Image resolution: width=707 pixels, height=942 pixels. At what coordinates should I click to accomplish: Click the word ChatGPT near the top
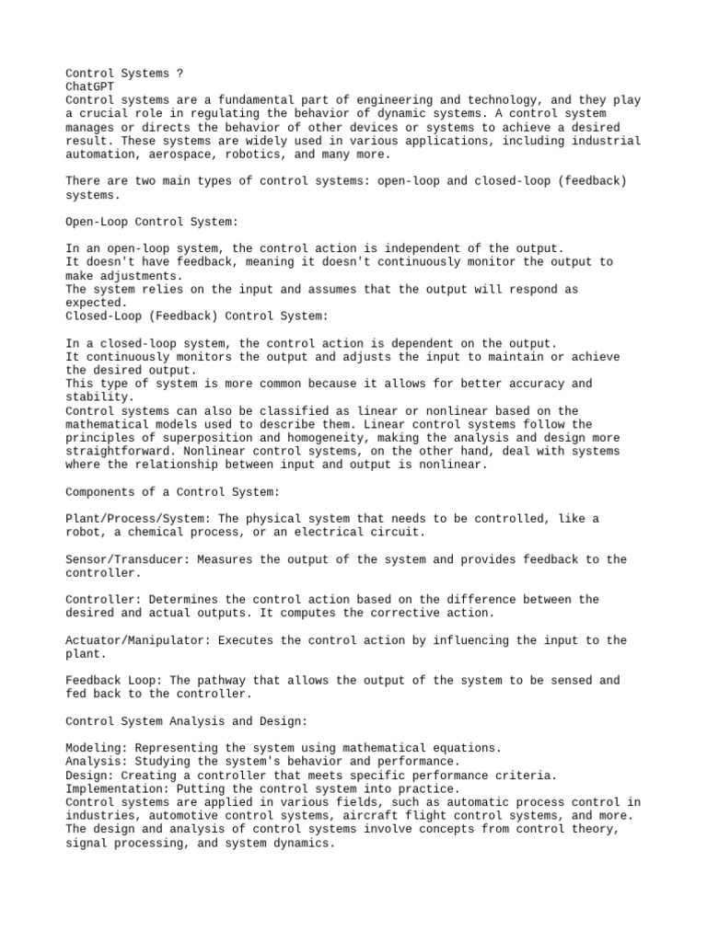(x=90, y=86)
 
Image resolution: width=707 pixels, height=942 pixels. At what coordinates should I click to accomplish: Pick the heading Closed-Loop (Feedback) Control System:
(x=196, y=316)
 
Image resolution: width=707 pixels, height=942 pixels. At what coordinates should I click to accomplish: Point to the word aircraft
(x=399, y=816)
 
